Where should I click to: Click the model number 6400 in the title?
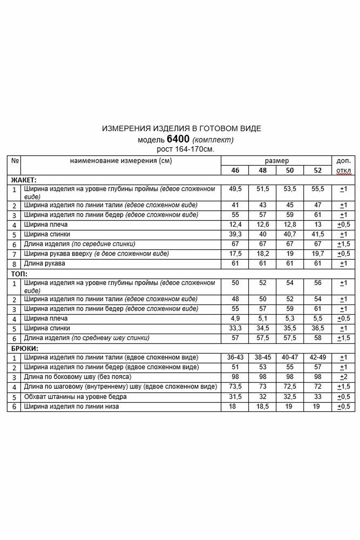coord(178,139)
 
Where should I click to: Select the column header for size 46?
coord(235,170)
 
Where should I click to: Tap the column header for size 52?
coord(318,170)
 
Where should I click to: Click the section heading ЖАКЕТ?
coord(24,180)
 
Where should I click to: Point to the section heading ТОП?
coord(19,274)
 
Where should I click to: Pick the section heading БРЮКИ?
coord(25,349)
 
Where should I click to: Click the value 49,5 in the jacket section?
coord(235,189)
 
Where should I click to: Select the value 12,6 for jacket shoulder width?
coord(263,225)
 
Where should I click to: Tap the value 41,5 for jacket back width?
coord(318,234)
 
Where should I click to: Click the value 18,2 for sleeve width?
coord(263,254)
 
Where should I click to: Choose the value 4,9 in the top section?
coord(235,319)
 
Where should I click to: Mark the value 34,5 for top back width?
coord(263,328)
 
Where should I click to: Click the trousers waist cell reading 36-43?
coord(235,357)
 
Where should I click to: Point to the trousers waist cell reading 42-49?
coord(318,357)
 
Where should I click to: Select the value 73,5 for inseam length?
coord(235,387)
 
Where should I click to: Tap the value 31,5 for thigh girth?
coord(235,397)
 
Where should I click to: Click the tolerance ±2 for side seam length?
coord(344,377)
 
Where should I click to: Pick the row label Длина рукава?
coord(44,264)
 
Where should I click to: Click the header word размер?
coord(277,161)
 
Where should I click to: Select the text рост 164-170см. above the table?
coord(185,149)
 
